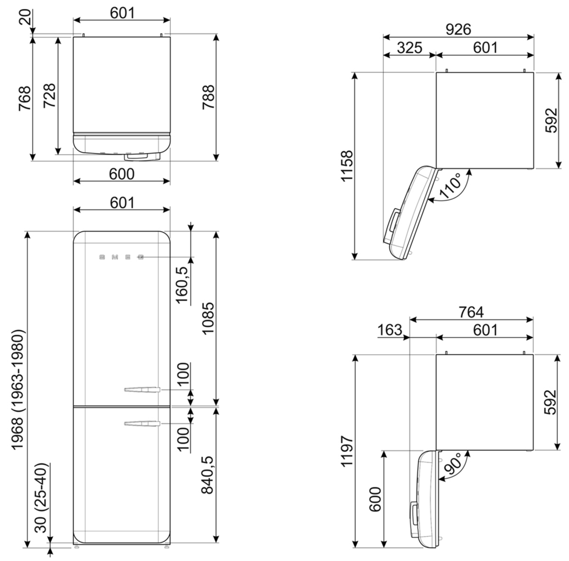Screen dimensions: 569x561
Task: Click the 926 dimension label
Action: [458, 29]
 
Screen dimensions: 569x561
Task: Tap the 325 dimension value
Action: [409, 48]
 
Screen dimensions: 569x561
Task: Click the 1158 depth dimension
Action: [347, 166]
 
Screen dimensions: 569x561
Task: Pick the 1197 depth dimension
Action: [347, 451]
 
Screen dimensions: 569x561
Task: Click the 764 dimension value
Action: [471, 312]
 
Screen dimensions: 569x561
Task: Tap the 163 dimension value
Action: [389, 330]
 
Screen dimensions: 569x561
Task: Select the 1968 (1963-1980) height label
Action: [18, 389]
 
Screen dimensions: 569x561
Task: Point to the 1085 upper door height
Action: [208, 318]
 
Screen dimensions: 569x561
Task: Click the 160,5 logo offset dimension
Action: [182, 285]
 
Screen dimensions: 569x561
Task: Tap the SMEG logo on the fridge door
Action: [121, 257]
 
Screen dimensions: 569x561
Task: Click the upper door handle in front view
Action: [142, 390]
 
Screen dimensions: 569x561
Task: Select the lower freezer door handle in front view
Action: [142, 424]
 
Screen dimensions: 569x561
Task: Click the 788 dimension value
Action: [209, 97]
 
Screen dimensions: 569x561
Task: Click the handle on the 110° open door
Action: [394, 221]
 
